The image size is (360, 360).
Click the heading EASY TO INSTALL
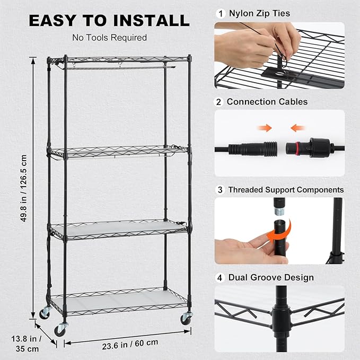(x=109, y=20)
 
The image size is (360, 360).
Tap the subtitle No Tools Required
(x=109, y=38)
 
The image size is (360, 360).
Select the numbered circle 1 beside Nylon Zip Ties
(x=219, y=13)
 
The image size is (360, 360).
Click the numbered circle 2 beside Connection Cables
(x=219, y=101)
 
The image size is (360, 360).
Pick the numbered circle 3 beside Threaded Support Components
(x=219, y=189)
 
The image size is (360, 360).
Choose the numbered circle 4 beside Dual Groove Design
(x=219, y=277)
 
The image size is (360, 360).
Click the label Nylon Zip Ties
(x=259, y=13)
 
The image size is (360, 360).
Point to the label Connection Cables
(x=267, y=101)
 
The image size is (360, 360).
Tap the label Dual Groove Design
(x=271, y=277)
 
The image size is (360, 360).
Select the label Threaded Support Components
(x=286, y=189)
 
